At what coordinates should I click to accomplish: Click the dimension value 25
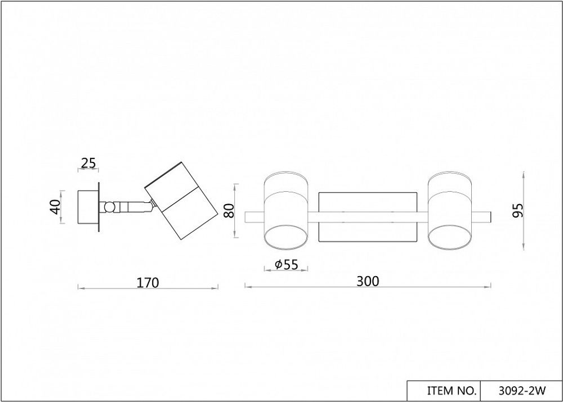point(88,163)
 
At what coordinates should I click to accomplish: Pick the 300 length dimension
point(368,281)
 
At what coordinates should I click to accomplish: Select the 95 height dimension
point(519,210)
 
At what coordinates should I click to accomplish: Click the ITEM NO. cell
point(443,390)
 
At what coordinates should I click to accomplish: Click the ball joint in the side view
point(111,207)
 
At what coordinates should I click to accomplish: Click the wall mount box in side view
point(88,207)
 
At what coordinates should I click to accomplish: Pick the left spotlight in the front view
point(287,211)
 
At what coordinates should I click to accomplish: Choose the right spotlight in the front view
point(450,211)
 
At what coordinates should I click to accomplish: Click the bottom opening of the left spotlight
point(287,238)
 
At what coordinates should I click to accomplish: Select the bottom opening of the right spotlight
point(450,238)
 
